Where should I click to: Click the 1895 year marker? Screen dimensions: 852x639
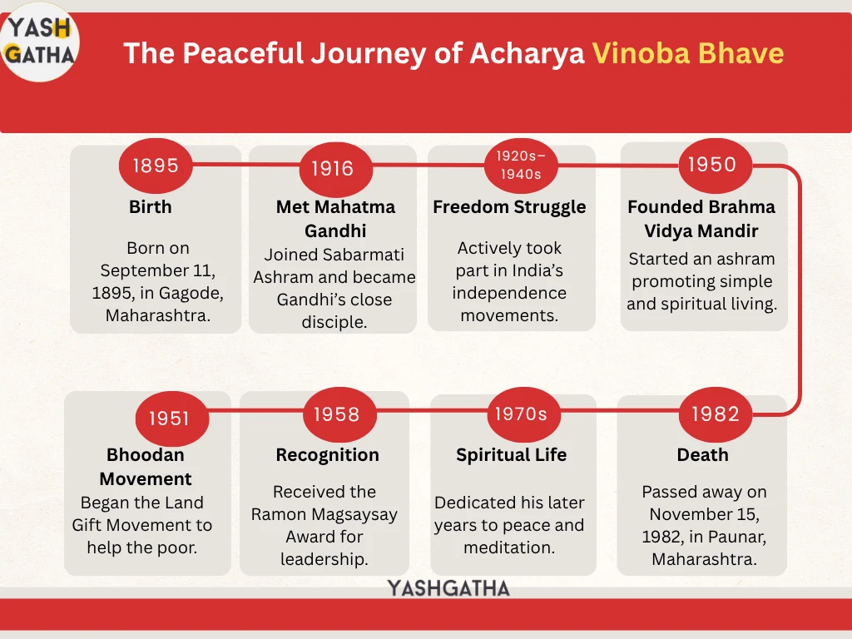click(x=156, y=166)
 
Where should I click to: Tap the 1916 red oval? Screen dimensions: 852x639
click(x=336, y=169)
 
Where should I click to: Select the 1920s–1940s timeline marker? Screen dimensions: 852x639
click(x=521, y=166)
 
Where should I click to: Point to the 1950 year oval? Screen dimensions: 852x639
click(x=715, y=165)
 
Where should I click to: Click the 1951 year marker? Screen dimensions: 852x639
click(x=171, y=418)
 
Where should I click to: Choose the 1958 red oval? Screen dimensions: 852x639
click(x=339, y=414)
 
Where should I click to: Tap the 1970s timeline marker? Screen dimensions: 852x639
click(x=524, y=414)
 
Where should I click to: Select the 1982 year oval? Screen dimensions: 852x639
click(x=715, y=414)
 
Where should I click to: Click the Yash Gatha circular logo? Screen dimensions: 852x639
click(x=40, y=42)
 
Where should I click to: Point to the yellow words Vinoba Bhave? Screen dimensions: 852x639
click(x=688, y=53)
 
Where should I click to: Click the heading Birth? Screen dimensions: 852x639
click(x=151, y=207)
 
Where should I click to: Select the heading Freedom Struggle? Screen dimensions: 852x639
click(x=509, y=207)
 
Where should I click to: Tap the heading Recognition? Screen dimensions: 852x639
click(x=327, y=455)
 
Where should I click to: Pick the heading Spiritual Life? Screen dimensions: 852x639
click(x=512, y=455)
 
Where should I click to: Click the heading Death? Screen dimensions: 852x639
click(x=702, y=455)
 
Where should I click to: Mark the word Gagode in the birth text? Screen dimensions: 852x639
click(x=191, y=294)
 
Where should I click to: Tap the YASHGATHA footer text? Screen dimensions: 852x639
click(x=448, y=588)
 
